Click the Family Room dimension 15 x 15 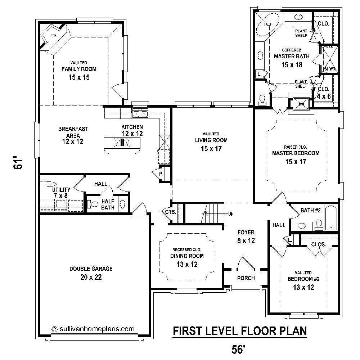79,77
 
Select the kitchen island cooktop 122,143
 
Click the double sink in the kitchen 140,114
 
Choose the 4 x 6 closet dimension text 324,96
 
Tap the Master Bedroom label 296,153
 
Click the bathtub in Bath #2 331,217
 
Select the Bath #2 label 310,211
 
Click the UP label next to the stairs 230,214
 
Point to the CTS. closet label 170,212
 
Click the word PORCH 246,278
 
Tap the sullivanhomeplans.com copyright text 93,329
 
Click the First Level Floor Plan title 239,331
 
